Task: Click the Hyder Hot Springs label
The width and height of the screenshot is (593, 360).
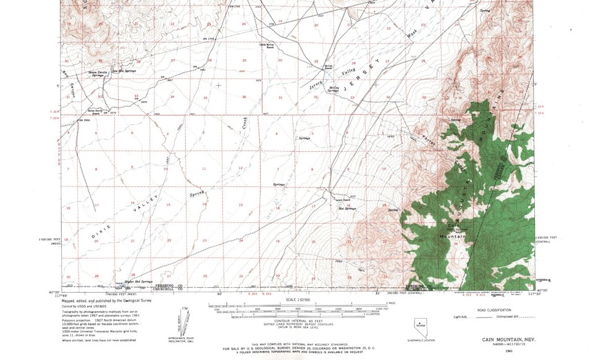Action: (138, 282)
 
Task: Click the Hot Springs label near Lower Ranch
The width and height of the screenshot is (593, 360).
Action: (347, 209)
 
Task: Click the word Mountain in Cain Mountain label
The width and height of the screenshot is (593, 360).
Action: (452, 237)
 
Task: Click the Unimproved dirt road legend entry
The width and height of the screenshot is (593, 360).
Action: (528, 316)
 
